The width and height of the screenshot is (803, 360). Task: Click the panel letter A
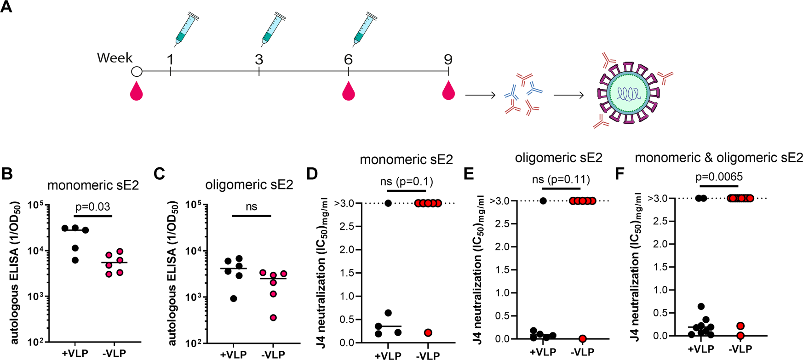7,8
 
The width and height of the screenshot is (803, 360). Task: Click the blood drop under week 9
448,91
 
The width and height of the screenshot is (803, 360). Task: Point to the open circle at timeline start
137,72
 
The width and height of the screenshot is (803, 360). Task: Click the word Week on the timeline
115,58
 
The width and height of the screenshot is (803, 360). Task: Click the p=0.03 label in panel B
93,207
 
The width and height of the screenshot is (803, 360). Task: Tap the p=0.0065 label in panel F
719,177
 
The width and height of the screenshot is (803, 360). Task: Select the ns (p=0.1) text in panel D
407,181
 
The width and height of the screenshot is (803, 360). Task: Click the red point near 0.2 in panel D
428,332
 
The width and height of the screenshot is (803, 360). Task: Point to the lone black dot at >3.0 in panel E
543,201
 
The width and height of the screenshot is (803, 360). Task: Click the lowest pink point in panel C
273,318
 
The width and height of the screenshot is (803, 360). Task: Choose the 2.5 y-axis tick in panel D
348,227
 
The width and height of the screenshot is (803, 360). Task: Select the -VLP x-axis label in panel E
583,352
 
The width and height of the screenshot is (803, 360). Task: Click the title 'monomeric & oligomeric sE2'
719,158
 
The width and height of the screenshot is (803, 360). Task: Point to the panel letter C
159,175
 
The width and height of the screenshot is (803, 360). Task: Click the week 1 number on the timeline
171,59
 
